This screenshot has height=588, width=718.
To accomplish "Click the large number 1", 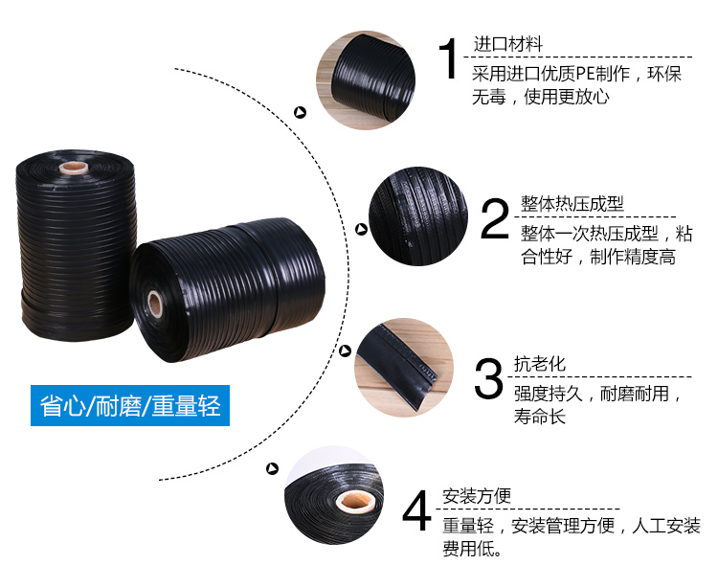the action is (x=449, y=58).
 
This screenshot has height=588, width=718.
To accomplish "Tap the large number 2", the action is (x=495, y=218).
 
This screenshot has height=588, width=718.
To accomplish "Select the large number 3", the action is (x=488, y=378).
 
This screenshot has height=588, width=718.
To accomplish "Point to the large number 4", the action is (x=416, y=510).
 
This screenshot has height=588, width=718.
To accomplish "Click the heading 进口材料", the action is (x=507, y=44).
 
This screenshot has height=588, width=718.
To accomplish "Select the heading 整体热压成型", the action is (x=572, y=204).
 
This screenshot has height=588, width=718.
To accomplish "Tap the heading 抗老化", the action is (x=539, y=364).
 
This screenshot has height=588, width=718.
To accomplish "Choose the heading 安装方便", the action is (x=476, y=495).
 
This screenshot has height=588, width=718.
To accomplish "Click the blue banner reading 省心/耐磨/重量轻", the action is (x=130, y=406).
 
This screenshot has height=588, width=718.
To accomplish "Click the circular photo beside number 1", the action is (x=366, y=80).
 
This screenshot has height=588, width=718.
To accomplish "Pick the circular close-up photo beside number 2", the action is (x=418, y=216).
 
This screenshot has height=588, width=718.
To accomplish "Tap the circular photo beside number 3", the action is (x=403, y=368).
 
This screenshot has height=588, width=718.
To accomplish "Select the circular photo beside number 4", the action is (x=334, y=494).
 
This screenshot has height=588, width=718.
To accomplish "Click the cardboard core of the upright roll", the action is (x=74, y=168).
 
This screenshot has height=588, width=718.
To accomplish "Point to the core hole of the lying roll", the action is (x=155, y=305).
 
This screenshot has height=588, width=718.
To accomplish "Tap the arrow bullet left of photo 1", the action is (x=300, y=112).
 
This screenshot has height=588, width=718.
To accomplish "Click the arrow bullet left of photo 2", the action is (x=362, y=230).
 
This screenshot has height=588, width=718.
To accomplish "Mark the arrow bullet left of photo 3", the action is (x=346, y=351).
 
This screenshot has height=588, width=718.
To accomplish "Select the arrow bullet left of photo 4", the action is (x=273, y=468).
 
